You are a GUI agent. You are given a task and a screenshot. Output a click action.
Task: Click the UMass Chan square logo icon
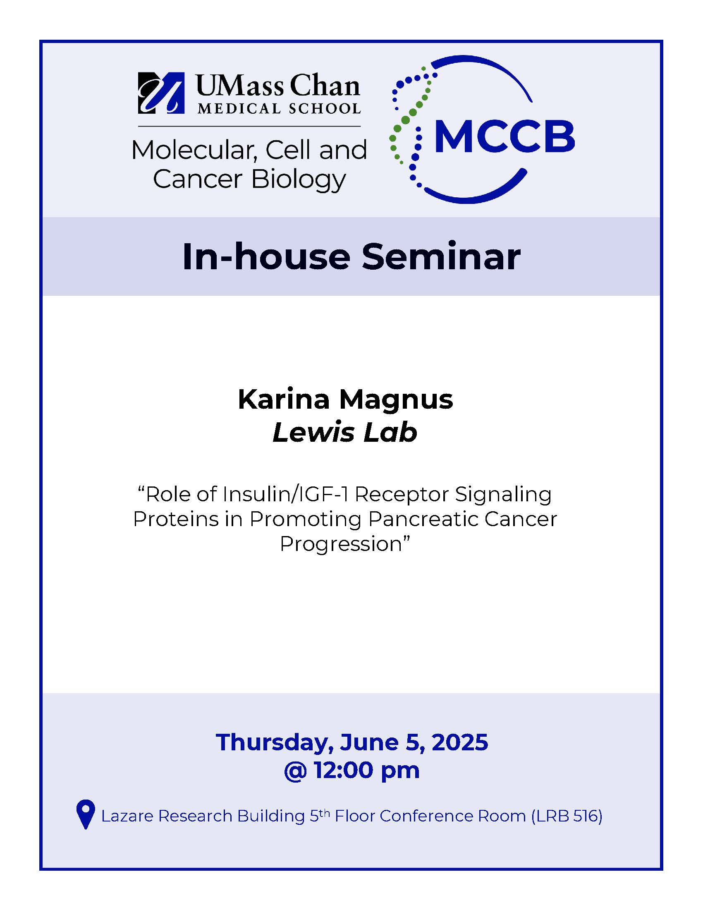(161, 93)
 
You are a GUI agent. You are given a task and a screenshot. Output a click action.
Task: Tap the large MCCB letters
(505, 136)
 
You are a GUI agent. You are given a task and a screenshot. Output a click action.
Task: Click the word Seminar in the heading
(441, 257)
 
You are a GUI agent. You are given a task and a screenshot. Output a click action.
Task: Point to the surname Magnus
(396, 400)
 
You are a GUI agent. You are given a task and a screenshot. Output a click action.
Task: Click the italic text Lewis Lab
(345, 432)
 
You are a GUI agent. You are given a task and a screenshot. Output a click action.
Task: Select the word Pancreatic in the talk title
(423, 519)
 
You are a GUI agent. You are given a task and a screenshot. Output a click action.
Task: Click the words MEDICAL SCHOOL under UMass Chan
(279, 109)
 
